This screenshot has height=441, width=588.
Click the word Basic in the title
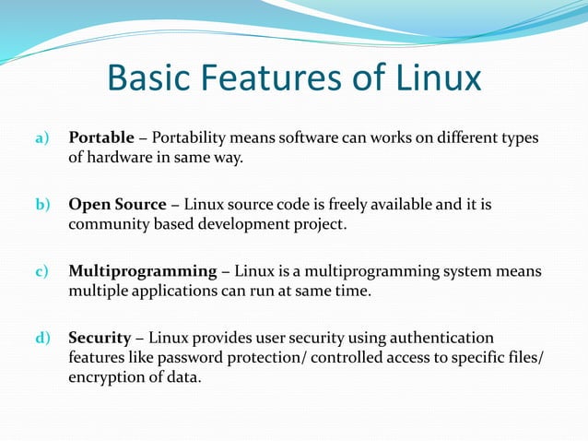click(148, 77)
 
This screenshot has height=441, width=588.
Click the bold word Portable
click(101, 139)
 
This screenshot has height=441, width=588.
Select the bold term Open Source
click(117, 204)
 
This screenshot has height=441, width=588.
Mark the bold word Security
click(100, 338)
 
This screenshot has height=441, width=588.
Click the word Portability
click(194, 139)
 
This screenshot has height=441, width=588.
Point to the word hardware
click(120, 158)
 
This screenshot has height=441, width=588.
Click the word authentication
click(438, 338)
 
